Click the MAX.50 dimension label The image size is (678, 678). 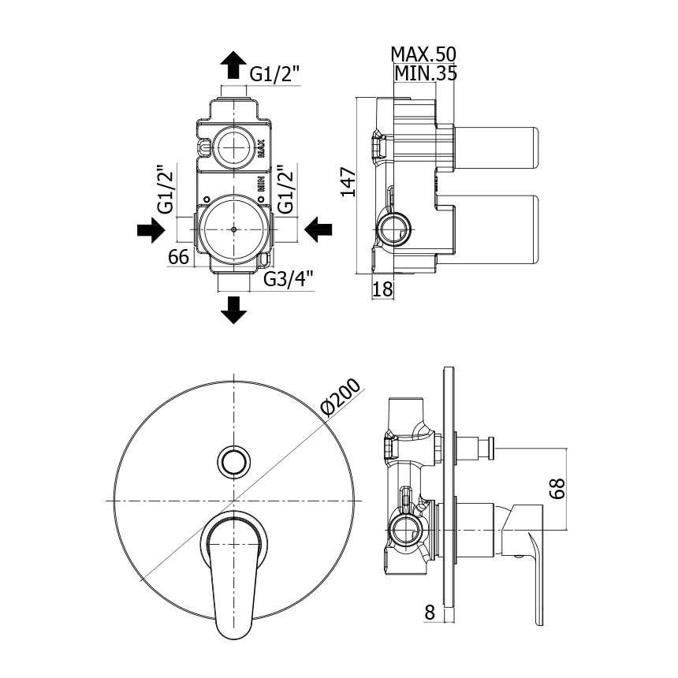point(423,54)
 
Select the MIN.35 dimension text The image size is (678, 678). point(426,73)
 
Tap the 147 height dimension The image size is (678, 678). point(348,182)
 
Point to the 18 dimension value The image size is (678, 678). point(382,289)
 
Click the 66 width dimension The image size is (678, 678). point(178,257)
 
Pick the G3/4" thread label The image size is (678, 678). point(289,279)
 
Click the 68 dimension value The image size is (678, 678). point(558,489)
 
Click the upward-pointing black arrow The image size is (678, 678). point(233,65)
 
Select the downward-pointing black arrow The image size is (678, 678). point(233,310)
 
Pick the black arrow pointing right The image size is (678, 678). point(151,229)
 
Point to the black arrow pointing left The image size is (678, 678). point(319,229)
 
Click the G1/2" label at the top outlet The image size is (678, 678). point(275,74)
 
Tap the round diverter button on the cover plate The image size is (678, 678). point(234,462)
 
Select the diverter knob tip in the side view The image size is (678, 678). point(490,449)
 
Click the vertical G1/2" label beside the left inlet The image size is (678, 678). point(166,189)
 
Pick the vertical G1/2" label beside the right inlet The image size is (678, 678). point(286,189)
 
